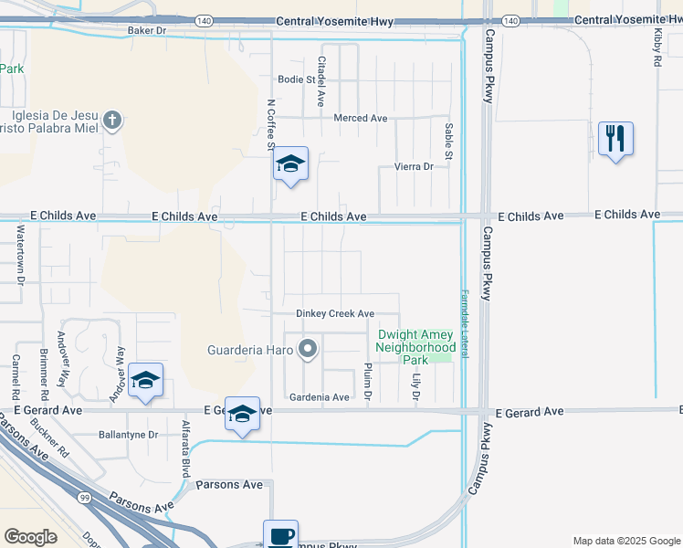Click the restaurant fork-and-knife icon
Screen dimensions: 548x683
click(615, 140)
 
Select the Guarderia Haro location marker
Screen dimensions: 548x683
click(309, 349)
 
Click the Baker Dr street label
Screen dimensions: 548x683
click(147, 30)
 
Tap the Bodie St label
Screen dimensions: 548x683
click(296, 79)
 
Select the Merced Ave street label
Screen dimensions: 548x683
click(361, 118)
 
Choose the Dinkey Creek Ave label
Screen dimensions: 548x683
click(335, 313)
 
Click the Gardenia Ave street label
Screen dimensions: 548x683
click(319, 397)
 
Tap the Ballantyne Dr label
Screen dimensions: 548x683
click(128, 435)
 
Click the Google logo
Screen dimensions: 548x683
click(31, 537)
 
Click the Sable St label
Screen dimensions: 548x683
click(448, 142)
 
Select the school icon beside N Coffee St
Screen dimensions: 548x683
click(291, 164)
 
